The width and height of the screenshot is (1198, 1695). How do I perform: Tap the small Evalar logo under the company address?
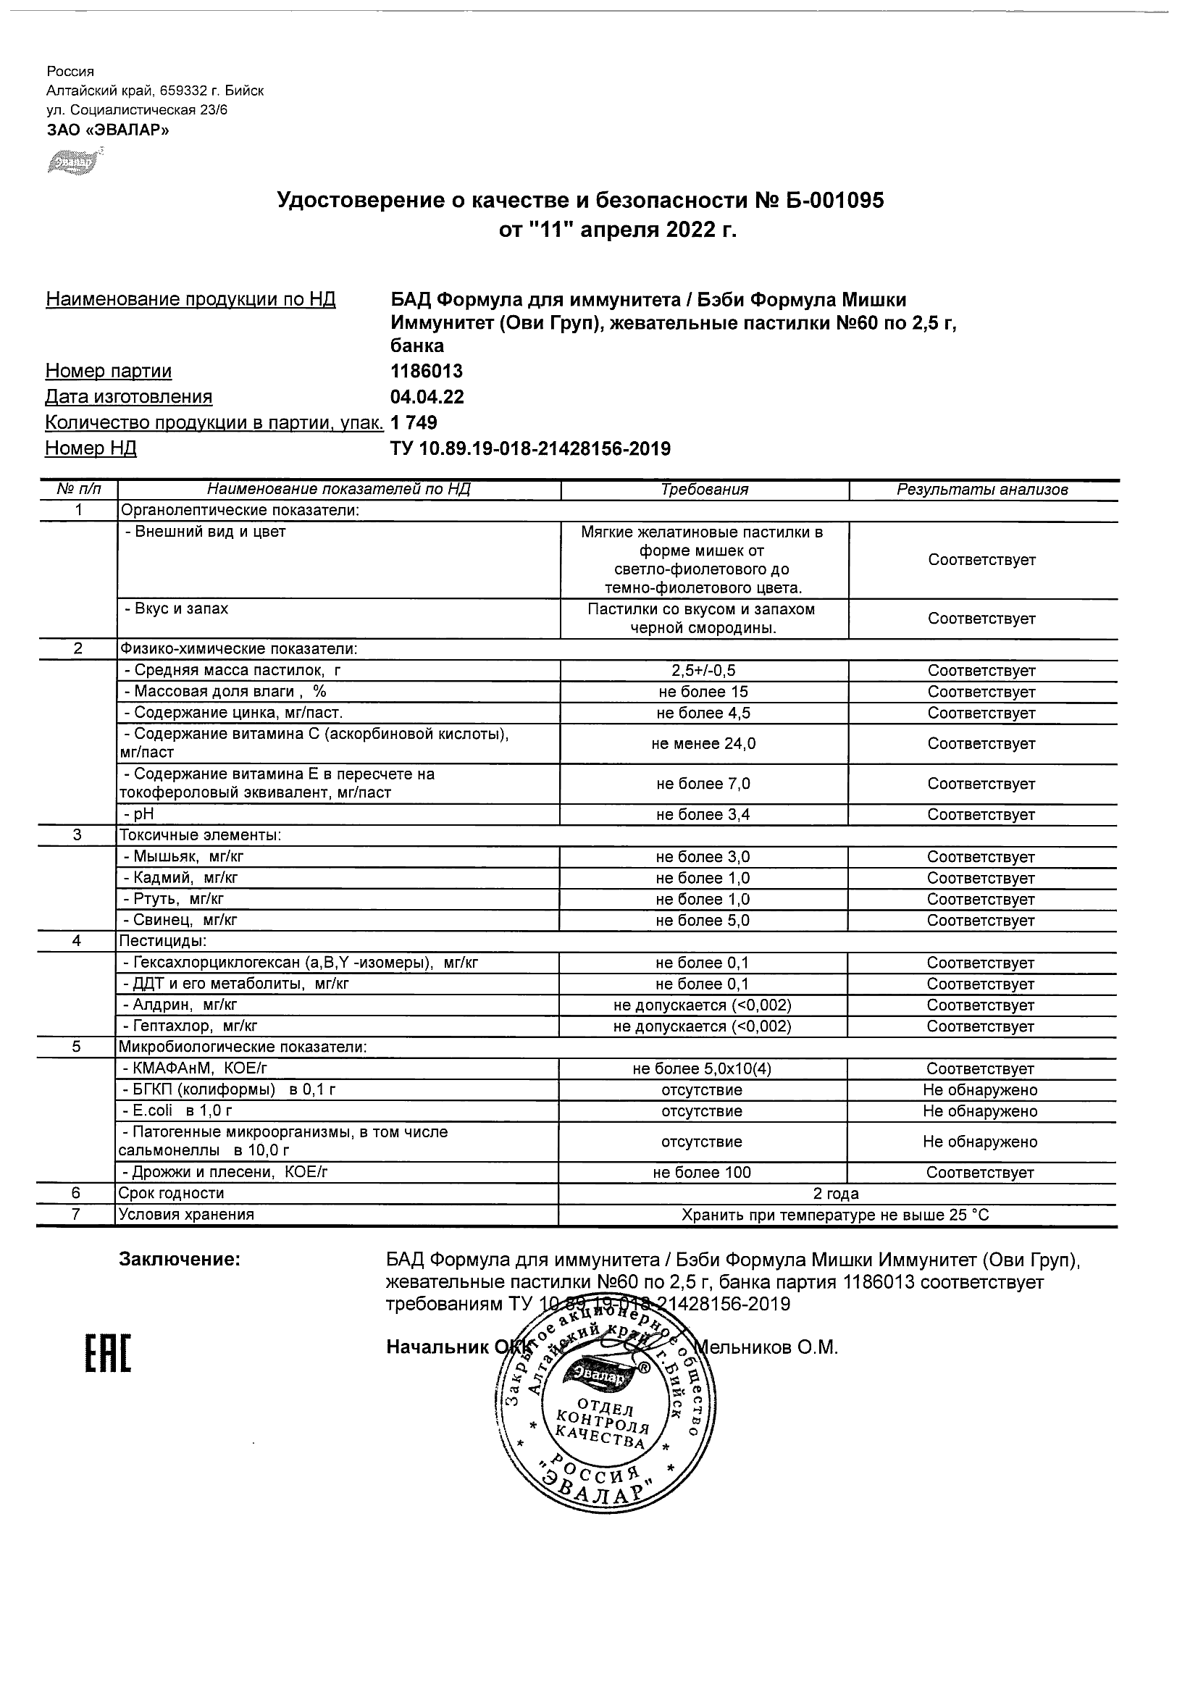[x=72, y=162]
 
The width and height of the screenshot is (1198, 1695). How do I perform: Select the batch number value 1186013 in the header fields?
[x=427, y=372]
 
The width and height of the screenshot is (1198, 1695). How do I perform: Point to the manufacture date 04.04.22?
[x=427, y=397]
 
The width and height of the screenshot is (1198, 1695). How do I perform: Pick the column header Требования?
[x=704, y=490]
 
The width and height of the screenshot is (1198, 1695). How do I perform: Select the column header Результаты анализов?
[x=981, y=490]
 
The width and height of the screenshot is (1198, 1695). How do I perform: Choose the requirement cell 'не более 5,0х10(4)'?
[x=702, y=1069]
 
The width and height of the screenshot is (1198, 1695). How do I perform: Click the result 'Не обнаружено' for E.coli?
[x=980, y=1111]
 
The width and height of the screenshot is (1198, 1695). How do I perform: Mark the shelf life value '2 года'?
[x=836, y=1194]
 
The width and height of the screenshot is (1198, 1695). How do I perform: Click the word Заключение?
[x=180, y=1260]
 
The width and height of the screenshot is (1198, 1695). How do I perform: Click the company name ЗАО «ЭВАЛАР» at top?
[x=108, y=130]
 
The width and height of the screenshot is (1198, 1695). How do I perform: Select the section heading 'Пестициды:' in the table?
[x=163, y=941]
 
